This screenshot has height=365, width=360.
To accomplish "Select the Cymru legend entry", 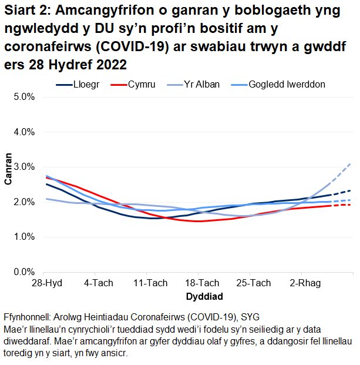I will click(x=142, y=85).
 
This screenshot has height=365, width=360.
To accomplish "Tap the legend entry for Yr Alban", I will click(x=202, y=85).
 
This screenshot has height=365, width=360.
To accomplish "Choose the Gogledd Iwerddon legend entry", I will click(x=287, y=85).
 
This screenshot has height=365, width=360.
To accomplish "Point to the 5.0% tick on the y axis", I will click(x=23, y=97).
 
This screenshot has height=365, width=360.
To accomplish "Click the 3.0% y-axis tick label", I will click(x=23, y=167).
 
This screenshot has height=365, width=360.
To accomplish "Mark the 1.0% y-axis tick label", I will click(x=23, y=237).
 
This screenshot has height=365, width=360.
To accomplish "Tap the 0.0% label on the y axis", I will click(x=23, y=272).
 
